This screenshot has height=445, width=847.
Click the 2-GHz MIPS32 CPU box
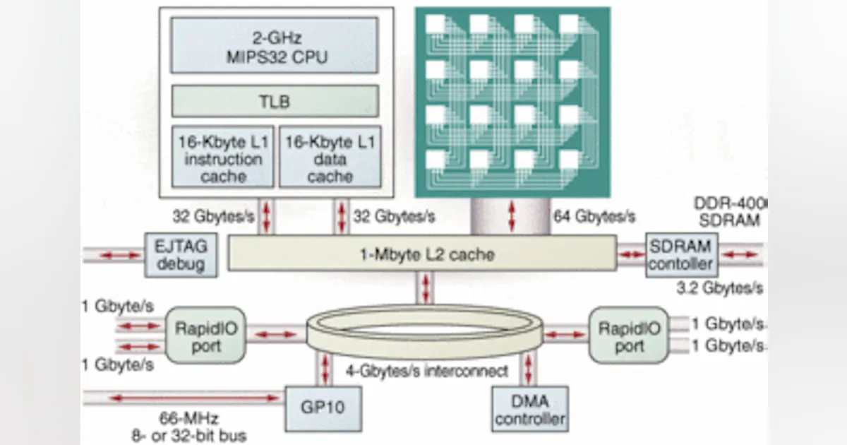click(x=275, y=45)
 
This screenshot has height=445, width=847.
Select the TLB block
click(x=275, y=101)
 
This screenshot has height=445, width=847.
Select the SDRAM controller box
click(x=681, y=254)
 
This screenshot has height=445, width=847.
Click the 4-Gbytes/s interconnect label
click(x=426, y=371)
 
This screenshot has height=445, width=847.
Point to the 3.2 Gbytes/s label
click(x=719, y=288)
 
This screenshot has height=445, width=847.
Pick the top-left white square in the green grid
click(x=435, y=24)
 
